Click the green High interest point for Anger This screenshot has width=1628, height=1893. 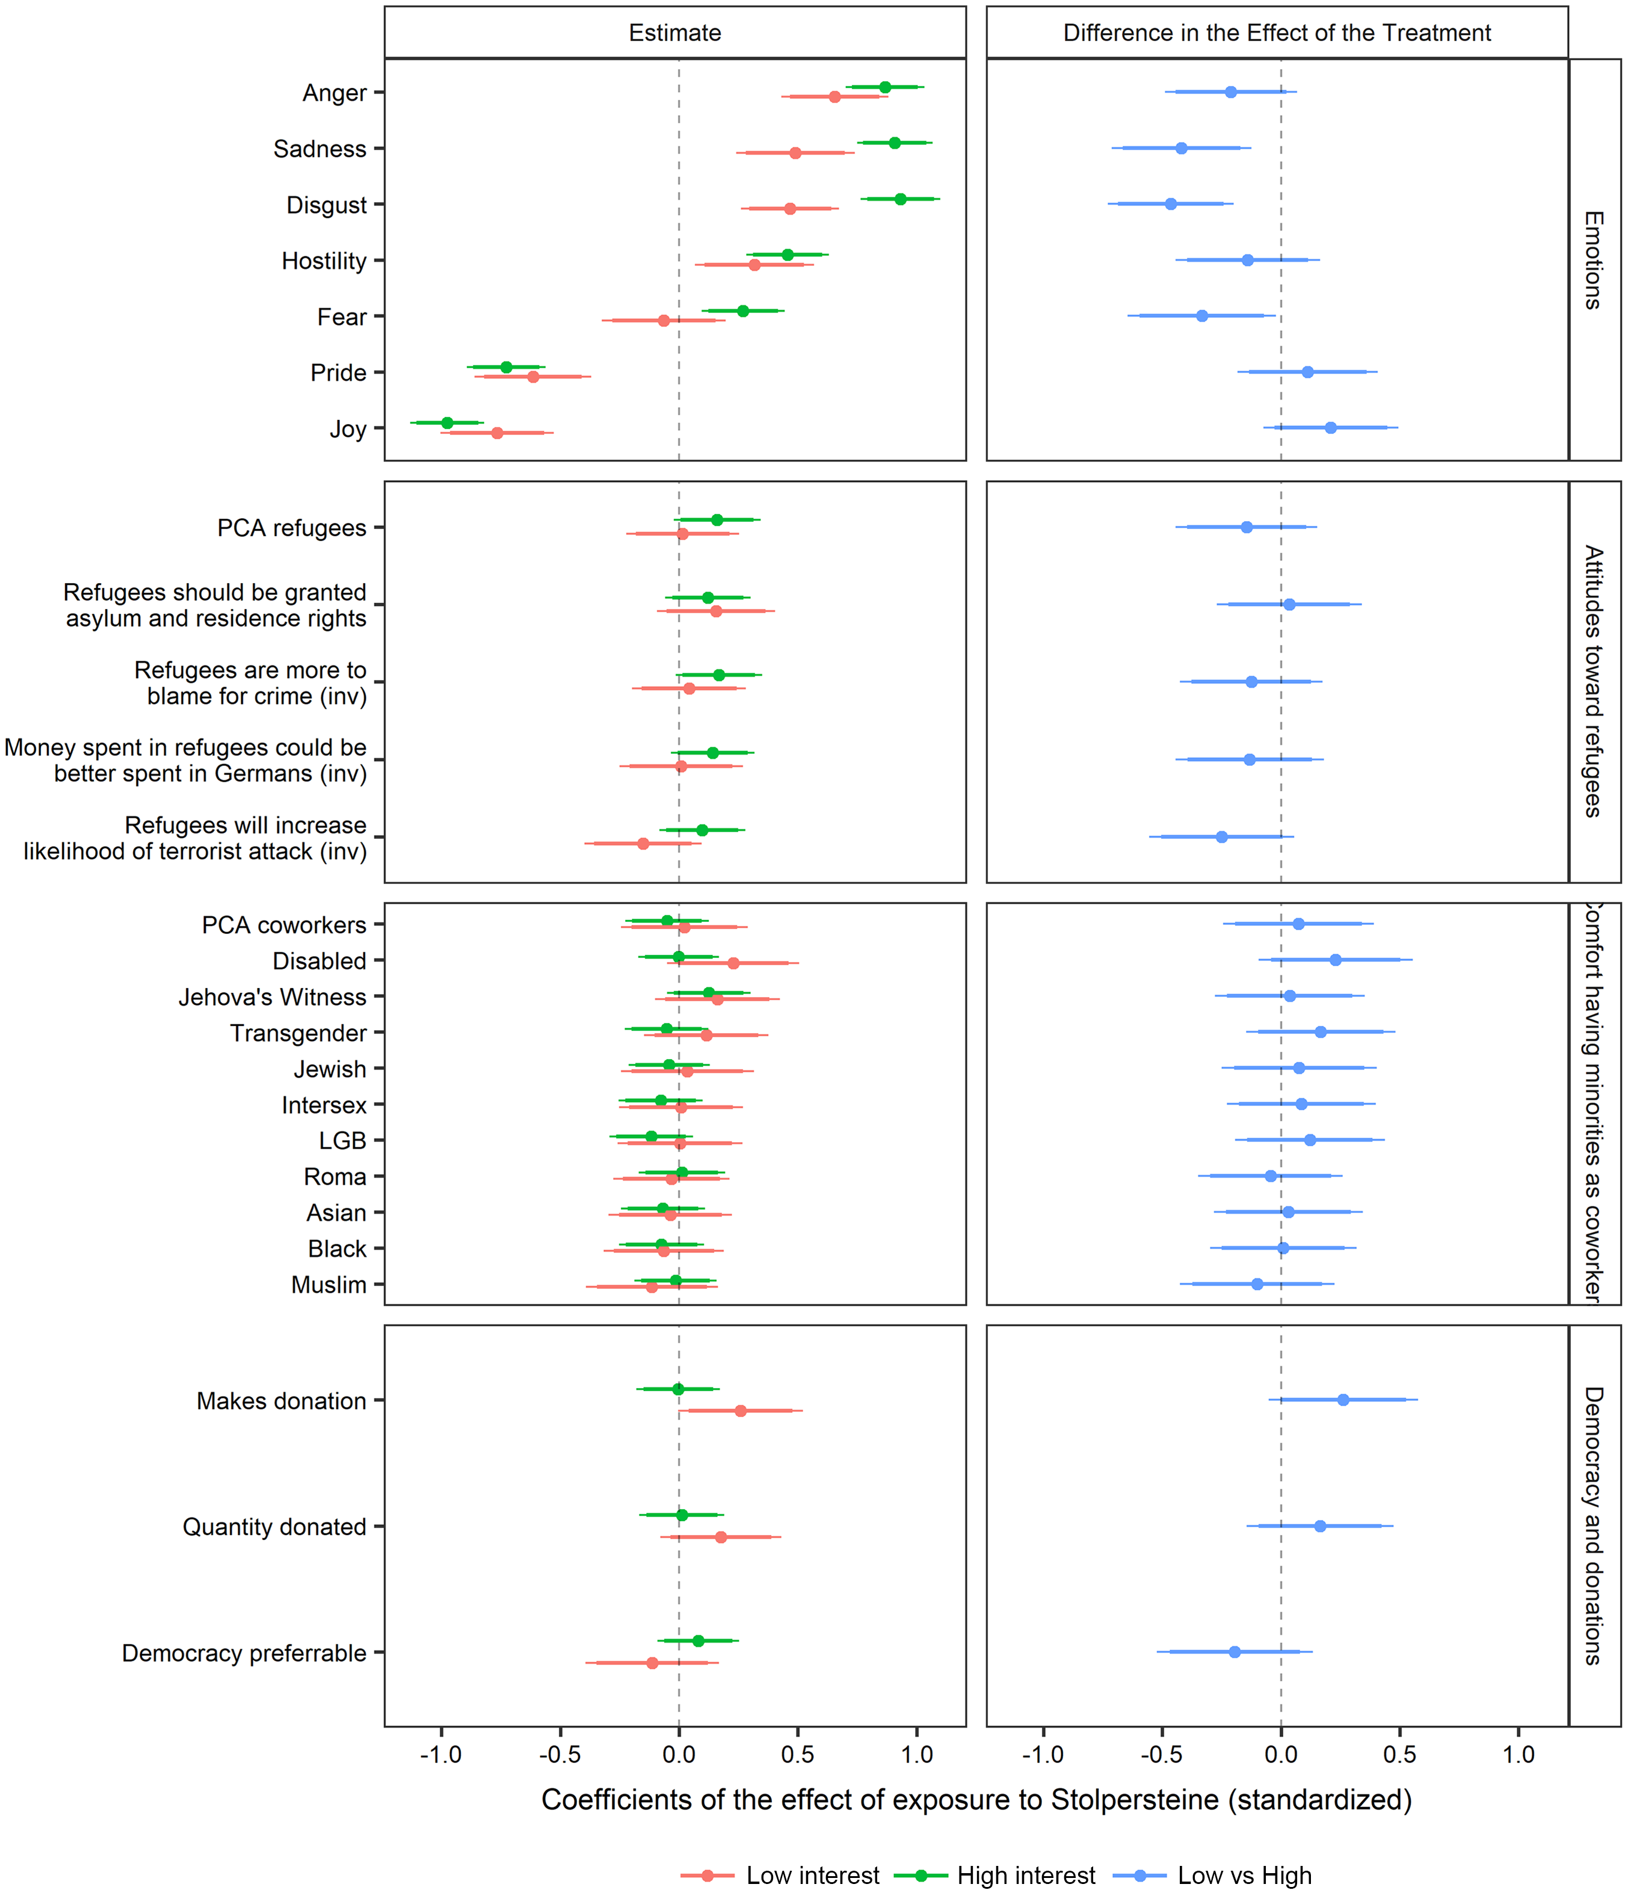884,87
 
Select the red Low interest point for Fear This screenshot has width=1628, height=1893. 663,321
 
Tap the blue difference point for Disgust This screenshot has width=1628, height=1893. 1170,204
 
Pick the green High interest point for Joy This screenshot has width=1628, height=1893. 447,423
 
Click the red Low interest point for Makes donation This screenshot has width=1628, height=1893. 740,1410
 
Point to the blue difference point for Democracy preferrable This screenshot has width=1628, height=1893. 1235,1652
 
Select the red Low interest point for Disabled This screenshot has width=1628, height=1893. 733,963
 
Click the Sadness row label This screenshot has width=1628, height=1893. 319,149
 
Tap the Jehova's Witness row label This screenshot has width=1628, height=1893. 273,997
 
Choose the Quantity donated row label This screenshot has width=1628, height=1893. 274,1527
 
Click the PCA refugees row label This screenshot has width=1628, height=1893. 291,528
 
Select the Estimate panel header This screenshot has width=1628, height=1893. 674,33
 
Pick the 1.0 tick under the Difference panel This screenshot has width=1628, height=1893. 1519,1754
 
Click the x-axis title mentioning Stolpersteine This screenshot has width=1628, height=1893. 976,1799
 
